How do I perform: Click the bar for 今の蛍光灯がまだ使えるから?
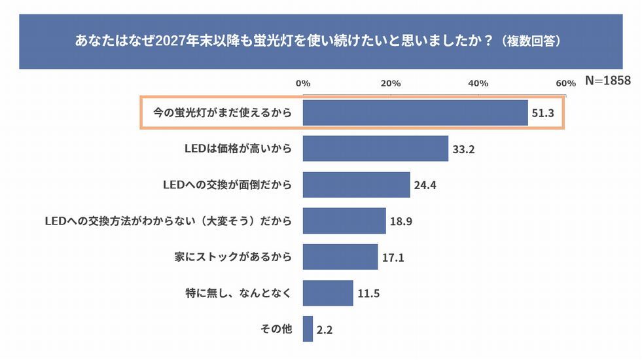pos(415,113)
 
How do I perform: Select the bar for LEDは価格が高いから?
pos(375,149)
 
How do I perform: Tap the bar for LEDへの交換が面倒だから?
pos(356,185)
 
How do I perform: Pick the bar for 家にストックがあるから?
pos(340,257)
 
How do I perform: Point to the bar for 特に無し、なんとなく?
pos(328,293)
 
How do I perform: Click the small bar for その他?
pos(308,329)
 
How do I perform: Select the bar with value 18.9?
pos(344,221)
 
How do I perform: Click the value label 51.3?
pos(543,113)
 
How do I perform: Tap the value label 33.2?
pos(463,149)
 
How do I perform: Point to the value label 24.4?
pos(425,185)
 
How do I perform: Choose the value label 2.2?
pos(325,329)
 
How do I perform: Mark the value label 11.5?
pos(368,293)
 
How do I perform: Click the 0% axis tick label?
pos(303,83)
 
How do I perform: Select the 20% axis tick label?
pos(391,83)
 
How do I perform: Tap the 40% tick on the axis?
pos(478,83)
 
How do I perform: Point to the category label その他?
pos(276,329)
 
